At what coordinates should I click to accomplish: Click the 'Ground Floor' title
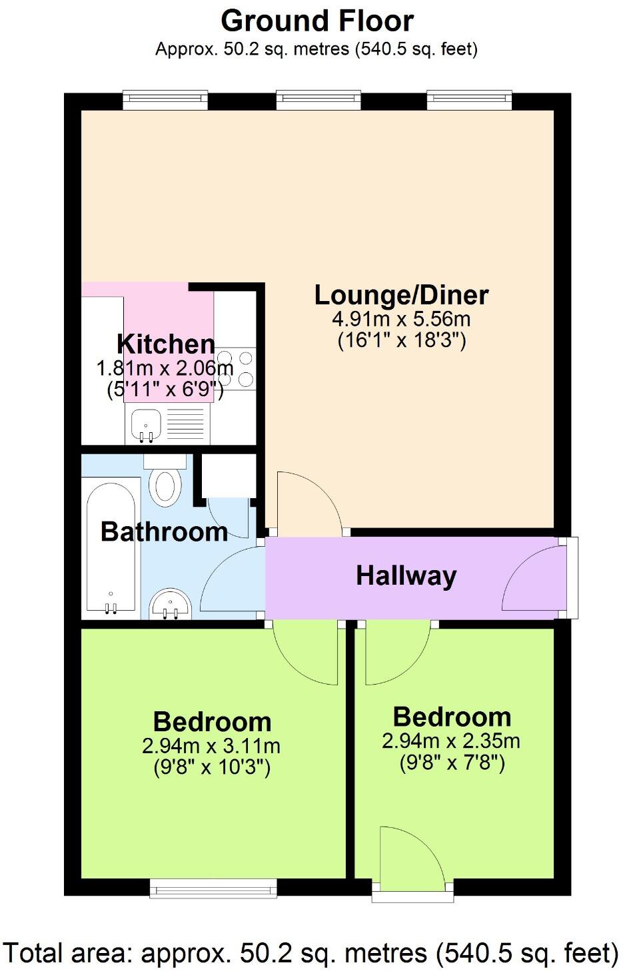point(317,21)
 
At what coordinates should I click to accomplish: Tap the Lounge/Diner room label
point(401,294)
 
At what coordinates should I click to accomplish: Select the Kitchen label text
point(166,344)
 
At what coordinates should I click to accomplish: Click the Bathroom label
point(164,531)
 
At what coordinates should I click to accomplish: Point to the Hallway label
point(406,575)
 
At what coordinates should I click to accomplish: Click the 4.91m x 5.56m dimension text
point(401,318)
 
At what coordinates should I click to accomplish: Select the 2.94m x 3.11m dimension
point(211,745)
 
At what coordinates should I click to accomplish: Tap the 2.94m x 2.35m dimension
point(451,740)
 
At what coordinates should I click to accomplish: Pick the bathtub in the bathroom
point(111,547)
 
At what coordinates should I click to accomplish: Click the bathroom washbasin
point(169,605)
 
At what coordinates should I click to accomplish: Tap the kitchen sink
point(145,424)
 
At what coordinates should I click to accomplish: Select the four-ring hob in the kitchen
point(235,369)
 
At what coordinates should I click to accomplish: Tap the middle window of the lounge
point(318,101)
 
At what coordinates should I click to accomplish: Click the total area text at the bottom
point(311,952)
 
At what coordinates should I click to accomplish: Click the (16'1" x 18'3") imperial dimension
point(401,341)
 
